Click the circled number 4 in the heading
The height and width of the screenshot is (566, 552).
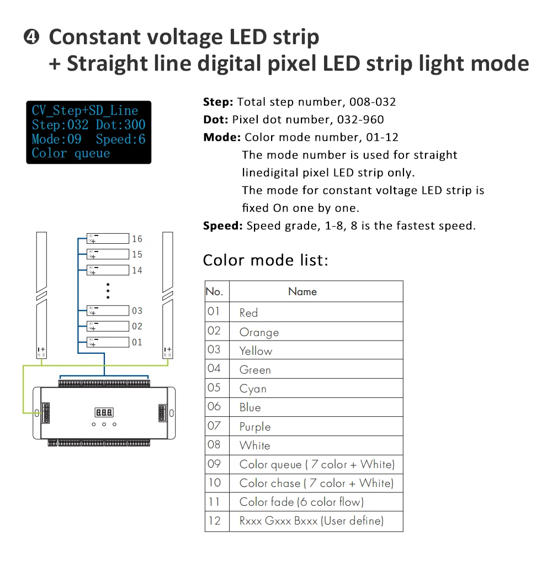[x=31, y=37]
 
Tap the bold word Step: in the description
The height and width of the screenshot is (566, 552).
[x=218, y=102]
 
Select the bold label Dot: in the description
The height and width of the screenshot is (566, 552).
[x=216, y=119]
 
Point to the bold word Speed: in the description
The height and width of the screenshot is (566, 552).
[x=223, y=226]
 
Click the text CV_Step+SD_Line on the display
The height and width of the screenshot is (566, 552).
[x=85, y=111]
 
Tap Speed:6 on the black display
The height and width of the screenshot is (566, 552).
[x=120, y=139]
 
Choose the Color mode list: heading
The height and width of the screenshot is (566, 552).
[x=266, y=260]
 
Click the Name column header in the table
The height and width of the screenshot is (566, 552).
[x=302, y=292]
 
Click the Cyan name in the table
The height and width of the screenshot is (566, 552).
[x=253, y=389]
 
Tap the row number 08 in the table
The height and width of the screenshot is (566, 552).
[x=214, y=445]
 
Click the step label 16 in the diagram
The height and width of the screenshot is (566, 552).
[x=137, y=239]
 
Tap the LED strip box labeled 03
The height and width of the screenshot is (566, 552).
[x=108, y=311]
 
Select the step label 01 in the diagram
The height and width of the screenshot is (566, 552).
[x=137, y=342]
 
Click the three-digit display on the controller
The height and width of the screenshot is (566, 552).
[x=104, y=412]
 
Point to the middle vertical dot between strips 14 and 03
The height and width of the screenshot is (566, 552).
[x=108, y=291]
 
